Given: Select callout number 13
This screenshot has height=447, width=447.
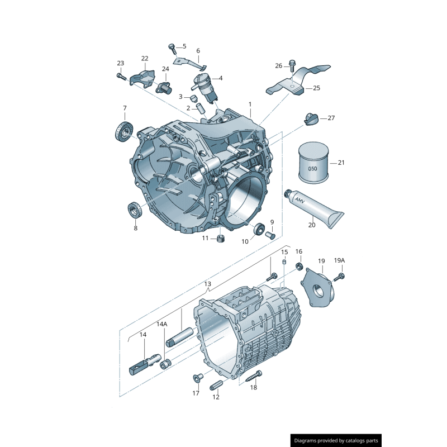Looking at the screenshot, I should (207, 284).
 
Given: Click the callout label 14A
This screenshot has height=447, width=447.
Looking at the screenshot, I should (161, 324).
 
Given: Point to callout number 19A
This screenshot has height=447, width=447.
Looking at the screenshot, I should (339, 260).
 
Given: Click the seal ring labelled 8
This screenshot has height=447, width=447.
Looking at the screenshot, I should (134, 211).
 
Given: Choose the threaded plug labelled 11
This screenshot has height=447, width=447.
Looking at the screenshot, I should (220, 240).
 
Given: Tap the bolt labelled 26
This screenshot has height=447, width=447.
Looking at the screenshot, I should (292, 66).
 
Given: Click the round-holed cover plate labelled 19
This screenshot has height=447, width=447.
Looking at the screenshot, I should (319, 288).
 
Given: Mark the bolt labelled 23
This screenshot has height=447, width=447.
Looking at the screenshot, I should (121, 76).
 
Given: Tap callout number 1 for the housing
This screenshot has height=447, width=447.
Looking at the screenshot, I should (250, 104).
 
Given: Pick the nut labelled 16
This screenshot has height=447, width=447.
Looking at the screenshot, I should (299, 265).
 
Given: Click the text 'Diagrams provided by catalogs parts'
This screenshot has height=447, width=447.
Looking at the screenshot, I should (336, 441).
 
